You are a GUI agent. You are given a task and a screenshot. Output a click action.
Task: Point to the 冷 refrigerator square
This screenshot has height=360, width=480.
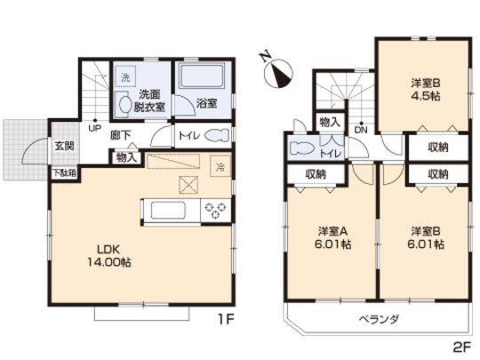(219, 165)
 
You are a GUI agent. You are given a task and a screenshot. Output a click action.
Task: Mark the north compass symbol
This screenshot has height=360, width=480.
(277, 71)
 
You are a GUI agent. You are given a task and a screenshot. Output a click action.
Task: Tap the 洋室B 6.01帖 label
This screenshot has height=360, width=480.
(425, 238)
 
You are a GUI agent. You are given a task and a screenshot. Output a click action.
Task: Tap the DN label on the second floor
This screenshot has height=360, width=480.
(360, 131)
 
